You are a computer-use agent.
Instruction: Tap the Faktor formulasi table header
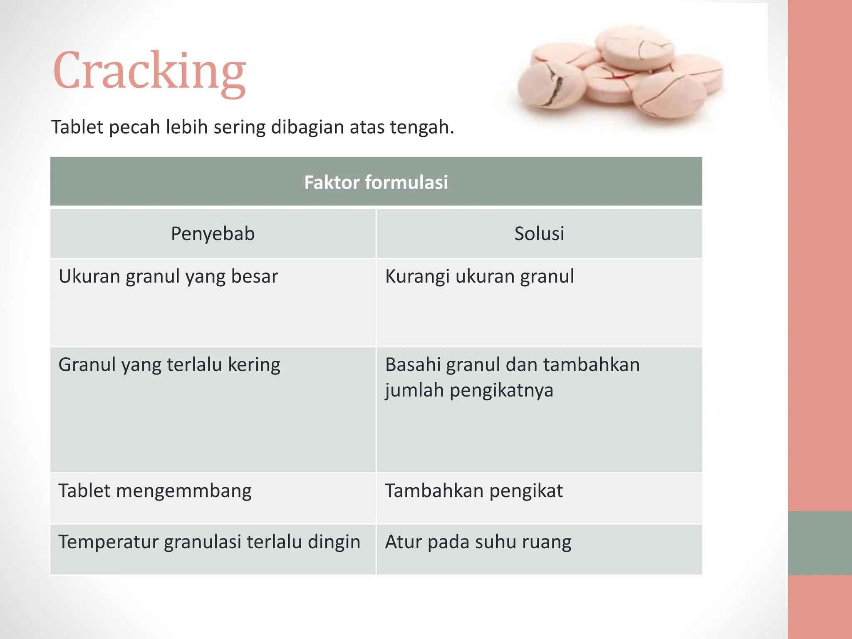[x=376, y=182]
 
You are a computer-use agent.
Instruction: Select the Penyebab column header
[x=213, y=233]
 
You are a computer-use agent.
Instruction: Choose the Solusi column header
[x=539, y=233]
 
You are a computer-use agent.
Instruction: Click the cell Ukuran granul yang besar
[x=168, y=277]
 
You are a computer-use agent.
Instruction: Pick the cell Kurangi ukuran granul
[x=479, y=277]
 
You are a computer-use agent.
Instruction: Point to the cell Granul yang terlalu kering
[x=169, y=365]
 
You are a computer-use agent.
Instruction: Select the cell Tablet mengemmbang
[x=155, y=491]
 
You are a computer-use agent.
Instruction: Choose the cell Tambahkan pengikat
[x=474, y=491]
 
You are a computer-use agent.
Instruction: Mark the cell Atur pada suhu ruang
[x=478, y=542]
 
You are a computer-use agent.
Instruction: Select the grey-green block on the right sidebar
[x=820, y=543]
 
